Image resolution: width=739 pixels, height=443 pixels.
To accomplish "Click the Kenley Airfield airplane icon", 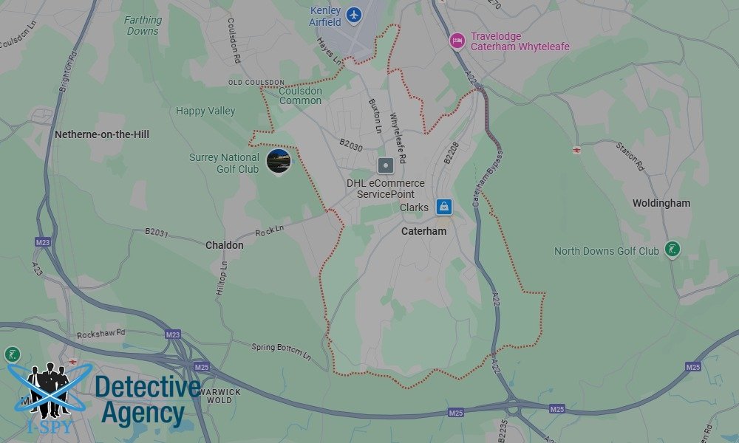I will [355, 14].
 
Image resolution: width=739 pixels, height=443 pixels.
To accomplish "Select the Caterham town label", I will [423, 231].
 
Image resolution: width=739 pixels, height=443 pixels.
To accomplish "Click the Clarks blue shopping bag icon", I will [443, 207].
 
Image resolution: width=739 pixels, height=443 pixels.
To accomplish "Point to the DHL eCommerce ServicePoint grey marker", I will [385, 165].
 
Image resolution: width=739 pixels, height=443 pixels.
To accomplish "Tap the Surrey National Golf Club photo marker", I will [279, 160].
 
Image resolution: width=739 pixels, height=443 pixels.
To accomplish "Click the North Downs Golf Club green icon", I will [672, 250].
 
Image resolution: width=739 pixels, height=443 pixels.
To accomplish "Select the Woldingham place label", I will [661, 203].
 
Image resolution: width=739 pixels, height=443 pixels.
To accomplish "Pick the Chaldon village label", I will [224, 245].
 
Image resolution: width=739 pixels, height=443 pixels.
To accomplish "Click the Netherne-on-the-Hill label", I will [102, 134].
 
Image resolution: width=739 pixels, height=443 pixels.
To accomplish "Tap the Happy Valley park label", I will [205, 111].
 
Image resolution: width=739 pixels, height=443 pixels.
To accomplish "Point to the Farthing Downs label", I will [142, 26].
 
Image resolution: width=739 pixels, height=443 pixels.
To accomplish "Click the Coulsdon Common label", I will [301, 96].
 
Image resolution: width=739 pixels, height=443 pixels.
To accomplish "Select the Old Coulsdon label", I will [256, 82].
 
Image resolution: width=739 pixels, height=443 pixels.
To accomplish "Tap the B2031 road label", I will [157, 232].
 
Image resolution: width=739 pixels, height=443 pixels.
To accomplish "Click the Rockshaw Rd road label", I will [101, 334].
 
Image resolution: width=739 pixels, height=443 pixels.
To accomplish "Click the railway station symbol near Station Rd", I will [576, 150].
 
